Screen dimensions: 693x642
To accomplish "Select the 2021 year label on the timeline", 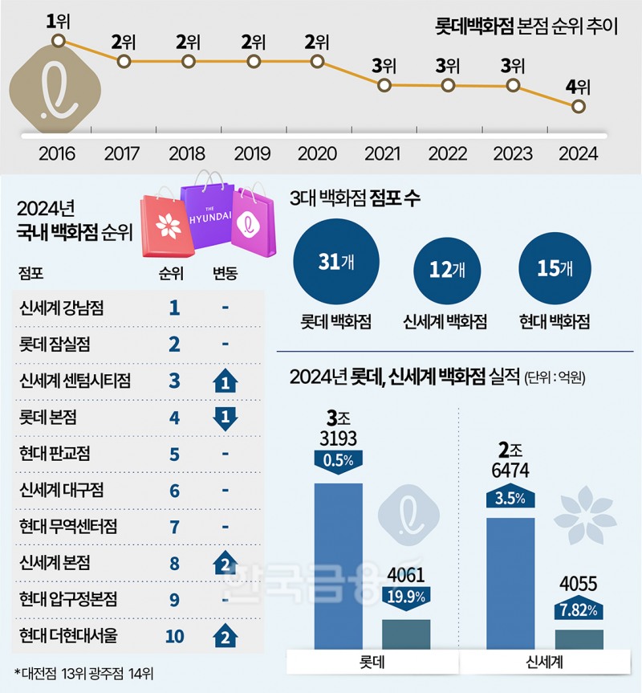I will pyautogui.click(x=383, y=153).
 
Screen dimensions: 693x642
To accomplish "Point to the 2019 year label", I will pyautogui.click(x=253, y=153).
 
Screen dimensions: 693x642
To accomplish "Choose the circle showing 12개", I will pyautogui.click(x=445, y=271).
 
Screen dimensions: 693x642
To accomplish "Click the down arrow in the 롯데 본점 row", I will pyautogui.click(x=226, y=418).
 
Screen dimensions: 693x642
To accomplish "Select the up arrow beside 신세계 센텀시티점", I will pyautogui.click(x=226, y=381).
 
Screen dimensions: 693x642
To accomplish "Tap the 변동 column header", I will pyautogui.click(x=226, y=273).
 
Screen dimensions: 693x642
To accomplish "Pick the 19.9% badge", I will pyautogui.click(x=405, y=595).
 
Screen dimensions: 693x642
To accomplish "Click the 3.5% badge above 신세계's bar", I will pyautogui.click(x=510, y=498).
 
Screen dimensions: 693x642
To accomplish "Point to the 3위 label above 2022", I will pyautogui.click(x=448, y=66).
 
